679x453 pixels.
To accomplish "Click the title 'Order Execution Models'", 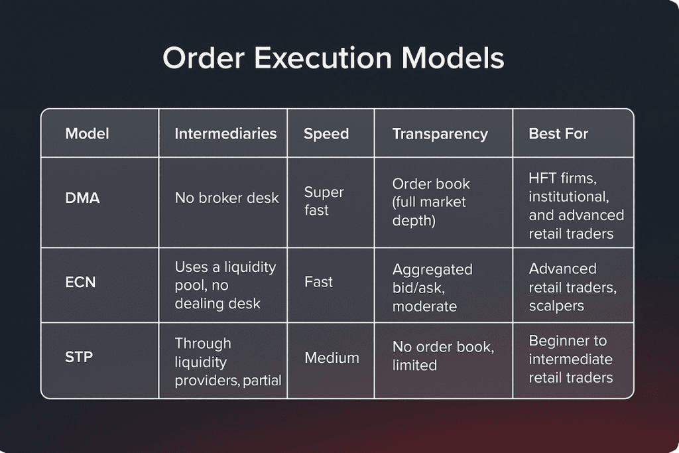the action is point(334,58).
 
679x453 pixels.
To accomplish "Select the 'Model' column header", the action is point(87,133).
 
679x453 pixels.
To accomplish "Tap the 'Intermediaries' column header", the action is point(225,133).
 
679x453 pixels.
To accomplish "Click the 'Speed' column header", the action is point(326,134).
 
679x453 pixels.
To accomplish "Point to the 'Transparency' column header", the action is point(440,134).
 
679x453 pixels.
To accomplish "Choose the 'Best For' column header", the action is point(558,133).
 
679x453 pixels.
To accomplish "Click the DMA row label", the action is point(82,198).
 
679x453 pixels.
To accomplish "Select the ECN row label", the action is point(80,282).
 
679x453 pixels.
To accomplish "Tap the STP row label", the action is point(79,357).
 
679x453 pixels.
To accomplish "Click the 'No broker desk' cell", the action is point(227,198).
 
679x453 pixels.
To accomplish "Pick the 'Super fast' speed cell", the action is point(324,201).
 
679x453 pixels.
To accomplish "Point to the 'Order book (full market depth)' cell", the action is point(431,202).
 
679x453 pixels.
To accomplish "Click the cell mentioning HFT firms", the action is point(576,206).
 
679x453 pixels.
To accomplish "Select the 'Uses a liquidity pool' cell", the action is point(225,285).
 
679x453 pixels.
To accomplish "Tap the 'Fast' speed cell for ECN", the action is point(318,282).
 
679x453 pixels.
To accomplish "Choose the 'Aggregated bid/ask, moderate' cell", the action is point(432,288).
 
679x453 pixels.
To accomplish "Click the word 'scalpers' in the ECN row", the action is point(556,306).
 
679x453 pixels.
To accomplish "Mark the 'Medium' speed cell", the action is point(332,357).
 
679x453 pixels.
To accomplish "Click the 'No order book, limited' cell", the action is point(443,356).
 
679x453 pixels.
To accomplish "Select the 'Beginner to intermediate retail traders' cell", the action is point(571,359).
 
